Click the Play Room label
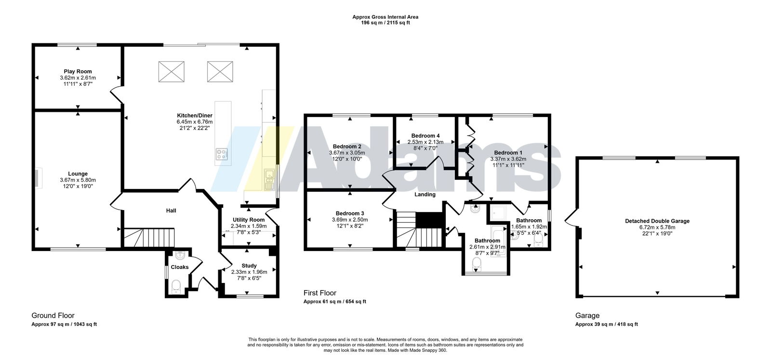click(78, 72)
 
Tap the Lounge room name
click(78, 174)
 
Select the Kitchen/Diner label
click(195, 116)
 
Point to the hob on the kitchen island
click(222, 154)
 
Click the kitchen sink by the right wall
click(269, 179)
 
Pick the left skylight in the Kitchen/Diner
click(172, 72)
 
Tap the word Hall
click(171, 211)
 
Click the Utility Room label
click(249, 220)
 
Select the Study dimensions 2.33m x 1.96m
click(249, 272)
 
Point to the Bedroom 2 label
click(347, 147)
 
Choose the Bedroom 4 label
click(425, 135)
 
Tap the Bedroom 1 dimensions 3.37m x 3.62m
click(508, 159)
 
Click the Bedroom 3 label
click(350, 213)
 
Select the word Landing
click(425, 194)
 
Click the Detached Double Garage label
click(657, 221)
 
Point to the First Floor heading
click(320, 293)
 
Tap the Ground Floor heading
click(53, 316)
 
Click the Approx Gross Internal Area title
click(385, 17)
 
